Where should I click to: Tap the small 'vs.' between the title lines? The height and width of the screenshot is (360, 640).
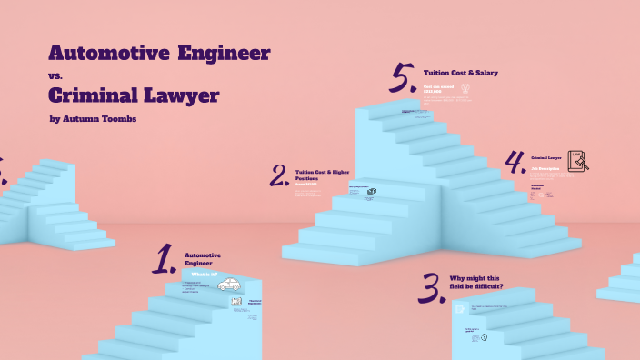click(54, 75)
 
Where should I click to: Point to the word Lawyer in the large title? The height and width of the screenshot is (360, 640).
click(187, 95)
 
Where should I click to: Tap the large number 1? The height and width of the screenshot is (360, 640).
click(164, 259)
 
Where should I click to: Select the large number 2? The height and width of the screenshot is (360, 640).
click(279, 175)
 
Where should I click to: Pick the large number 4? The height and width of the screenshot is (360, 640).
click(515, 163)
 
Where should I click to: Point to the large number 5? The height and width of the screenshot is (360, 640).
click(403, 79)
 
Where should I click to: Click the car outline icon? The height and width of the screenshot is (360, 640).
click(229, 285)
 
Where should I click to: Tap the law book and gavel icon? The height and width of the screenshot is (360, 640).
click(577, 161)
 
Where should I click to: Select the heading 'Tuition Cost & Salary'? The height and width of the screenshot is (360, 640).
click(460, 73)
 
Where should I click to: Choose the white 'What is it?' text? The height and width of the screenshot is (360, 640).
click(203, 274)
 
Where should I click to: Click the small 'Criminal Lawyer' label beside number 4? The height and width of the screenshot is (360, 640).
click(546, 157)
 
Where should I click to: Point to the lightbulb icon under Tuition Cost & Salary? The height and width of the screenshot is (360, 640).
click(465, 89)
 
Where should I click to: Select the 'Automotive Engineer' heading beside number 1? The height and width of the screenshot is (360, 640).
click(203, 259)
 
